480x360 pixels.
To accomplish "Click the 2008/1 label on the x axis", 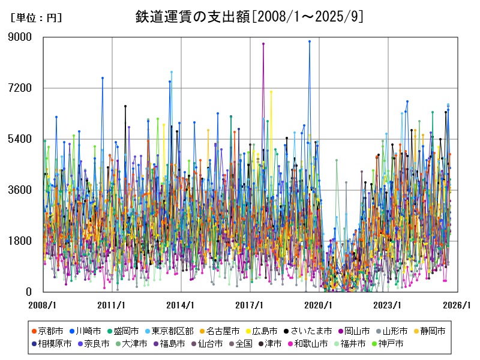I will (43, 305).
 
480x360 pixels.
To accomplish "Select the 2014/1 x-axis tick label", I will (181, 305).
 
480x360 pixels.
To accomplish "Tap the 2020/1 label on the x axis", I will (319, 305).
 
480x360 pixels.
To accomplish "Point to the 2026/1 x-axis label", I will (457, 305).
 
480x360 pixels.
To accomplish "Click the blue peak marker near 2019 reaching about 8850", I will (310, 41).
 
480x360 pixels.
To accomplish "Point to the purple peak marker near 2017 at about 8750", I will (263, 44).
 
